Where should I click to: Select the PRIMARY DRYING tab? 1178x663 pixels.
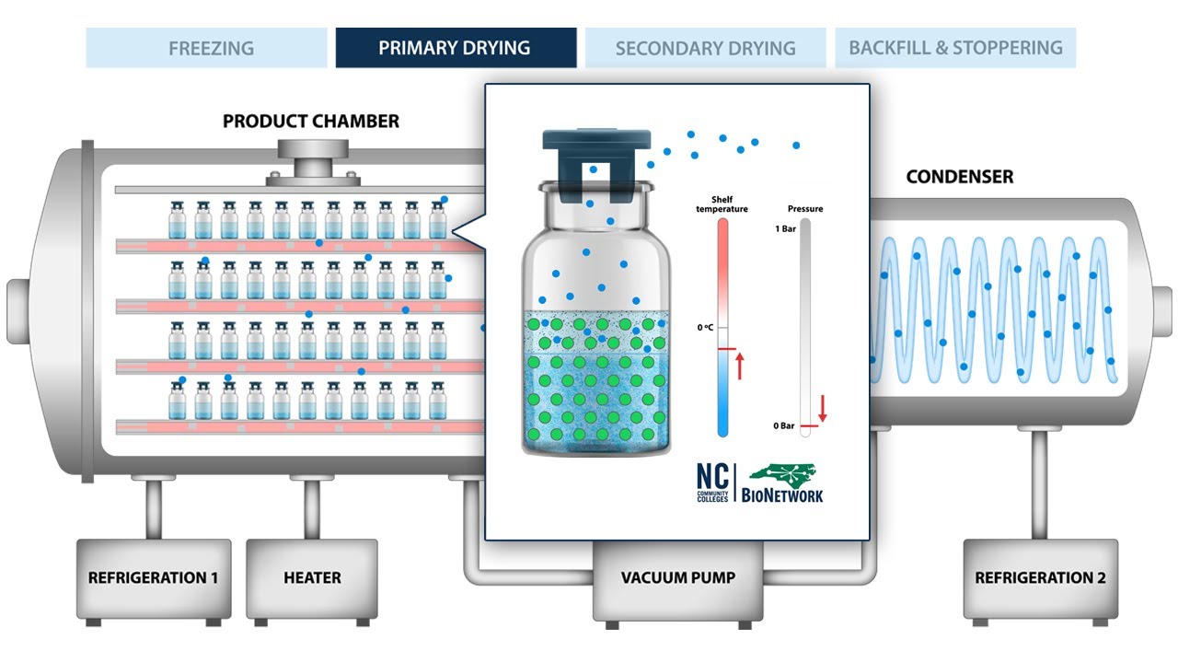(456, 48)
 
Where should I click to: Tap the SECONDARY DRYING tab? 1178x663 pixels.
(705, 48)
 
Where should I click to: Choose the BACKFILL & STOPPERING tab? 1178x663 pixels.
(955, 48)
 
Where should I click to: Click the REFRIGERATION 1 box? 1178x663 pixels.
(153, 578)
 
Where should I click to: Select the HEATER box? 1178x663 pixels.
(312, 578)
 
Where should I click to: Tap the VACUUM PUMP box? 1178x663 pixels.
(677, 578)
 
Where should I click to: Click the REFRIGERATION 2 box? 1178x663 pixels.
(1040, 578)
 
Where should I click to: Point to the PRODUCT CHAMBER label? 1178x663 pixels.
(311, 122)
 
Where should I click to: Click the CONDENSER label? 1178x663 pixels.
(959, 177)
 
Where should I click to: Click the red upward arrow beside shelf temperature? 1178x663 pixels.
(739, 366)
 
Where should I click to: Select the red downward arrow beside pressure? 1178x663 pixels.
(822, 406)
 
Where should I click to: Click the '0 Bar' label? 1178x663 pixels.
(783, 425)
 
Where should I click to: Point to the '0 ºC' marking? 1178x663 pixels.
(705, 327)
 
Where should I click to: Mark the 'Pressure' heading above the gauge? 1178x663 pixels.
(805, 209)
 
